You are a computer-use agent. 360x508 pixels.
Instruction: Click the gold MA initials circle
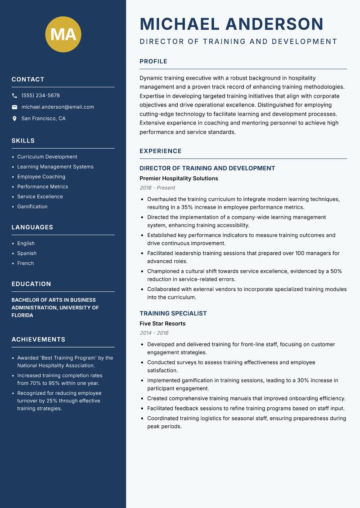click(63, 34)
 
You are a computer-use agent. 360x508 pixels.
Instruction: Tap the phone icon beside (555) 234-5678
click(14, 96)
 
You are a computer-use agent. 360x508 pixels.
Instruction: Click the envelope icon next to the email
click(14, 107)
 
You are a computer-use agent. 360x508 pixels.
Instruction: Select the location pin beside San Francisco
click(14, 119)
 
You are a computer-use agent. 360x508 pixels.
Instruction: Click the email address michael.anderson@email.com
click(58, 107)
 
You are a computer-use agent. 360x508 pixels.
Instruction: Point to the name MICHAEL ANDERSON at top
click(232, 24)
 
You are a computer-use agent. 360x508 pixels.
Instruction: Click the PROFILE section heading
click(153, 62)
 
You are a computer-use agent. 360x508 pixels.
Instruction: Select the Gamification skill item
click(32, 206)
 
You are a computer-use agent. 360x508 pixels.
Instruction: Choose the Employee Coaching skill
click(41, 177)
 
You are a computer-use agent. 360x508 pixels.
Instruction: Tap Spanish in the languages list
click(27, 253)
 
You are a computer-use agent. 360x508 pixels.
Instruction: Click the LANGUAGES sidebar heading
click(32, 227)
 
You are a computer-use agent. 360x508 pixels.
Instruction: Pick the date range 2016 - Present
click(157, 188)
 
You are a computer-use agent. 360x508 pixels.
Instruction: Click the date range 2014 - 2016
click(154, 333)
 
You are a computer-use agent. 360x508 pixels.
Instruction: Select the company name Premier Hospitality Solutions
click(179, 178)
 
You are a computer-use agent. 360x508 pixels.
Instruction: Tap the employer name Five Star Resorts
click(162, 324)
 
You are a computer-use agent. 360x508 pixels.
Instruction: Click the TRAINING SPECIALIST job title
click(173, 313)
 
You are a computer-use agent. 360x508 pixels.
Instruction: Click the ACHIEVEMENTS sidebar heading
click(38, 339)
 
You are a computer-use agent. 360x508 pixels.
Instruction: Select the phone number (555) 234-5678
click(40, 96)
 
